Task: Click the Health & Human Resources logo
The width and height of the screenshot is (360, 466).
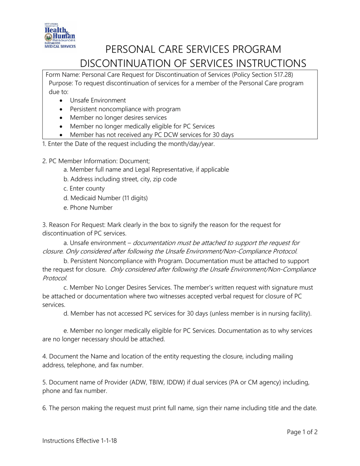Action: coord(59,35)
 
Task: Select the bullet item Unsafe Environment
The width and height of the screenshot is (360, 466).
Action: coord(98,100)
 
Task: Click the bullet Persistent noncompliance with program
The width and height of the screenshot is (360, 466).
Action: coord(125,109)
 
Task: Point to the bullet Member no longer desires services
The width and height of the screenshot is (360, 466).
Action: coord(118,118)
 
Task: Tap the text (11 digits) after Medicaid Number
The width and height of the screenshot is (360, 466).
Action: coord(135,198)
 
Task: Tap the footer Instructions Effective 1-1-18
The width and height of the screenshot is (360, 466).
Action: coord(80,441)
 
